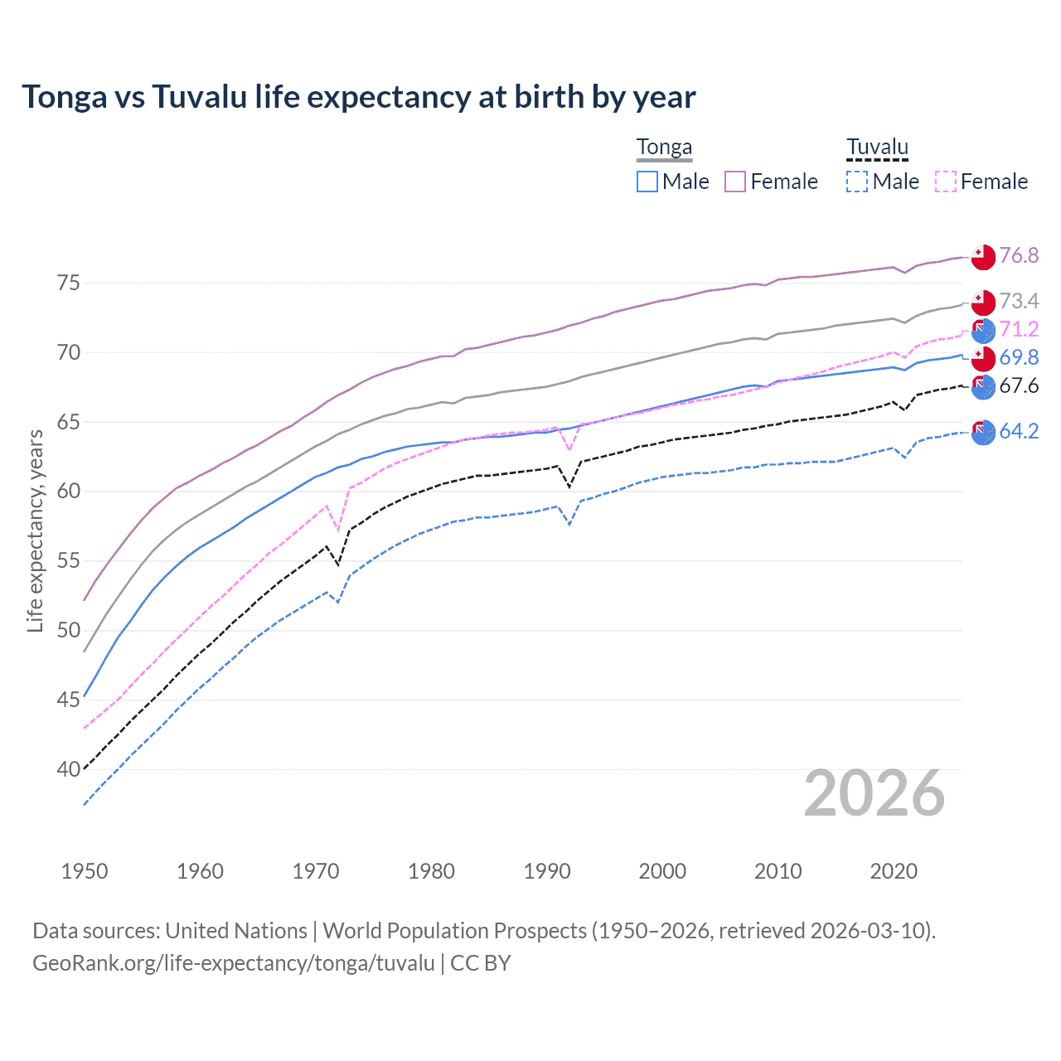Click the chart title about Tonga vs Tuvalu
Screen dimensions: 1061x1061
pyautogui.click(x=358, y=97)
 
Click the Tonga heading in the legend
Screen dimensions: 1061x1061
pyautogui.click(x=664, y=148)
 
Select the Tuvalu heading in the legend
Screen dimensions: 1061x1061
pyautogui.click(x=877, y=148)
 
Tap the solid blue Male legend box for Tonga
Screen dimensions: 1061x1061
pyautogui.click(x=647, y=182)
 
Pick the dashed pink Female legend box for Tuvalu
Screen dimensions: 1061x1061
pyautogui.click(x=946, y=182)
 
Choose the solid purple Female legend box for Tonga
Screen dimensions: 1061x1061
pyautogui.click(x=735, y=182)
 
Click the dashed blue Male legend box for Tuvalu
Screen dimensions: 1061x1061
pyautogui.click(x=857, y=182)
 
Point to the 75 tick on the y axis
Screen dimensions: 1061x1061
pyautogui.click(x=69, y=283)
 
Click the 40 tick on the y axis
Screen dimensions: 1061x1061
pyautogui.click(x=69, y=769)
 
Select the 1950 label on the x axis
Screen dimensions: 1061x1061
pyautogui.click(x=85, y=871)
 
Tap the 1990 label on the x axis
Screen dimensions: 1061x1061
pyautogui.click(x=547, y=871)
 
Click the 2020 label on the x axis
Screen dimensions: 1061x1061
pyautogui.click(x=894, y=871)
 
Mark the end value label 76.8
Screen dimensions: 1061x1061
pyautogui.click(x=1019, y=255)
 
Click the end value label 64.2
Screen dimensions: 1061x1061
pyautogui.click(x=1019, y=431)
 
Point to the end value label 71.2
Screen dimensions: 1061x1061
pyautogui.click(x=1019, y=329)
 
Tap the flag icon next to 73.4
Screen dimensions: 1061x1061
pyautogui.click(x=983, y=302)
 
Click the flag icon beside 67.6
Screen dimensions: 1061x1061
pyautogui.click(x=983, y=386)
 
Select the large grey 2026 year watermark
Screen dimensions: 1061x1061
pyautogui.click(x=874, y=793)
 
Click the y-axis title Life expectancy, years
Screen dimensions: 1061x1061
pyautogui.click(x=35, y=530)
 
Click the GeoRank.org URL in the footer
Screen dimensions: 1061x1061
pyautogui.click(x=233, y=963)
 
